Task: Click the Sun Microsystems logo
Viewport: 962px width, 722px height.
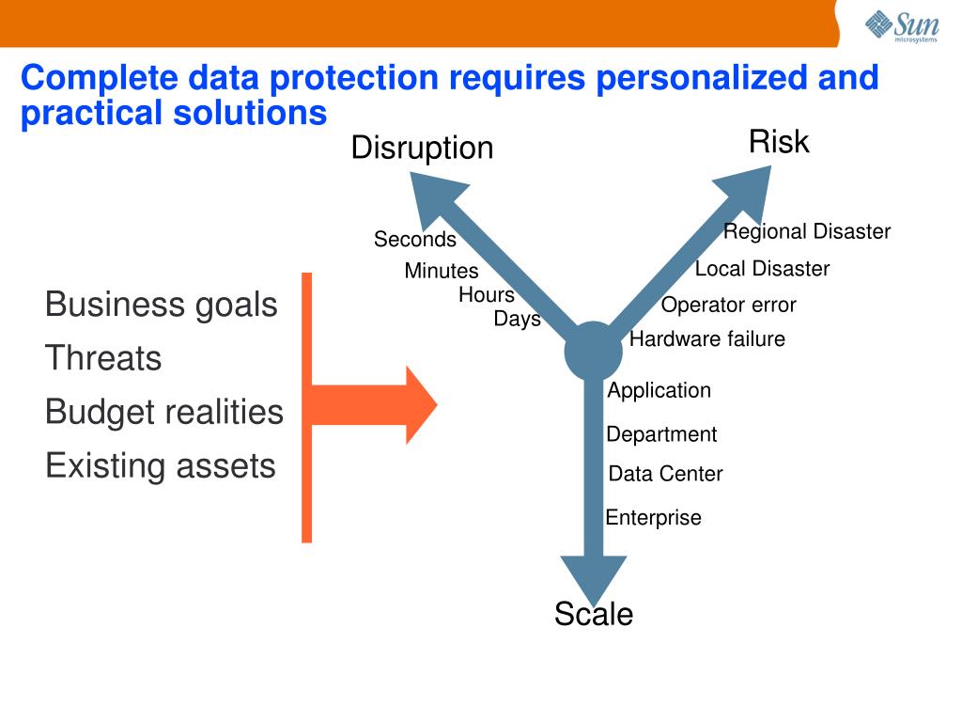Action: click(901, 24)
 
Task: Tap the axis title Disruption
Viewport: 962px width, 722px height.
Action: click(422, 148)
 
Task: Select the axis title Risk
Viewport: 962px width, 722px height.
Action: click(778, 142)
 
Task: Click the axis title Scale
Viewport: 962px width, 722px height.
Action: click(593, 614)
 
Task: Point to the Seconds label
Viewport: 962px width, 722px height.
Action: click(414, 240)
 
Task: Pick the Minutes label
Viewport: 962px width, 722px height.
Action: click(441, 271)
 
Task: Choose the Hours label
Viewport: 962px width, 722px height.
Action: click(486, 295)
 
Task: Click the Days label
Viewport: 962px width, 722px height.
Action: click(517, 319)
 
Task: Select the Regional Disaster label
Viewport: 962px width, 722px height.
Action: click(806, 231)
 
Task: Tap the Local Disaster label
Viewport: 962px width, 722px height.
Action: click(762, 269)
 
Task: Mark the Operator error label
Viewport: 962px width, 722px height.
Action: click(728, 305)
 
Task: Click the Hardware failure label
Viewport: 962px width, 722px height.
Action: click(706, 339)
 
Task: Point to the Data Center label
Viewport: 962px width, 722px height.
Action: click(665, 474)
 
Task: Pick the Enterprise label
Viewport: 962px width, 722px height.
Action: click(653, 518)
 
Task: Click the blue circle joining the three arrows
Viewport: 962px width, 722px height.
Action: click(593, 352)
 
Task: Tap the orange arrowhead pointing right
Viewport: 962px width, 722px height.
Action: click(419, 405)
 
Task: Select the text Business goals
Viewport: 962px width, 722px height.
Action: click(162, 305)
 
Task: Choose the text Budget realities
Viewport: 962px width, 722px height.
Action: click(164, 412)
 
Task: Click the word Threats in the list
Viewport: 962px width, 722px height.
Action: click(103, 358)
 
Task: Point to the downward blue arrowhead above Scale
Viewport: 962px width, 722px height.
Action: click(593, 575)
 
